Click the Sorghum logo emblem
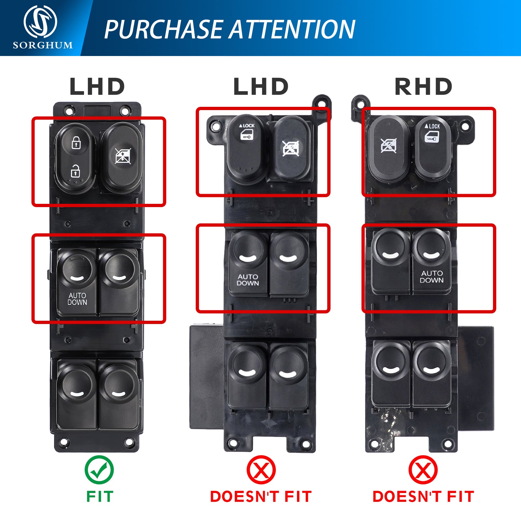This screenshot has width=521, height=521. click(40, 21)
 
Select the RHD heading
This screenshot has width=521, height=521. click(423, 87)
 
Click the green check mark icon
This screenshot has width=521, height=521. click(99, 470)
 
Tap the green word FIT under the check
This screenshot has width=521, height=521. click(100, 497)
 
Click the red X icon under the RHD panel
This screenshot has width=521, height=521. click(423, 470)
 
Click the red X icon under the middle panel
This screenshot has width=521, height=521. click(261, 470)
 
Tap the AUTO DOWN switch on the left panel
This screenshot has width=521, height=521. click(77, 282)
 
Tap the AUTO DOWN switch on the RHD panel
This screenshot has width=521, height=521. click(432, 260)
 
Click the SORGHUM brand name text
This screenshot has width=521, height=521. click(43, 45)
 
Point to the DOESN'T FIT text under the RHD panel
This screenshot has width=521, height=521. click(423, 497)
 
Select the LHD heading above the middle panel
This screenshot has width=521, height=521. click(261, 87)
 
